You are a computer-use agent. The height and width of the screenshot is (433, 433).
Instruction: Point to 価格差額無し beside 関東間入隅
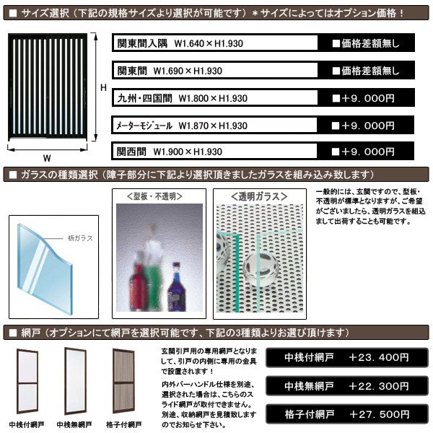tap(365, 44)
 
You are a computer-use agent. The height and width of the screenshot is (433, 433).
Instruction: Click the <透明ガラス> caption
tap(261, 196)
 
